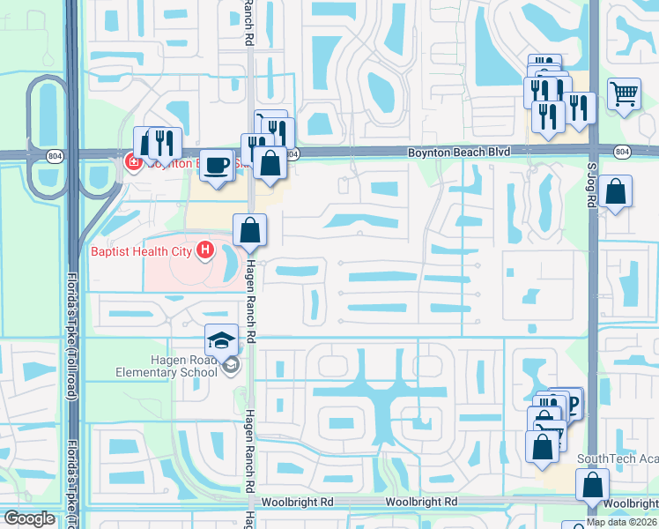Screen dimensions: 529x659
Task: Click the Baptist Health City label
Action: pyautogui.click(x=141, y=251)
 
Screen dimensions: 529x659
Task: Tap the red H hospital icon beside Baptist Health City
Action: pyautogui.click(x=205, y=251)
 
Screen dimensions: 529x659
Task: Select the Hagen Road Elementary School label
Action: pyautogui.click(x=166, y=365)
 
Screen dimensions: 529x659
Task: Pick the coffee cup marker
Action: pyautogui.click(x=216, y=166)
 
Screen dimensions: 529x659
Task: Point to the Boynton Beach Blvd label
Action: pyautogui.click(x=458, y=153)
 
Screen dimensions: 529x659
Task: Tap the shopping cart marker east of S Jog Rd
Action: pyautogui.click(x=624, y=93)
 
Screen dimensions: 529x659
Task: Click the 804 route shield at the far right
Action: pyautogui.click(x=622, y=153)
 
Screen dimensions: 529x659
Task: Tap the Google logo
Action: pyautogui.click(x=29, y=518)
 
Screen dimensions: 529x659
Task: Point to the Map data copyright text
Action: pyautogui.click(x=622, y=522)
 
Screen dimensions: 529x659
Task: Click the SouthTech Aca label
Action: pyautogui.click(x=617, y=458)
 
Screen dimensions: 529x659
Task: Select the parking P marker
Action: pyautogui.click(x=571, y=404)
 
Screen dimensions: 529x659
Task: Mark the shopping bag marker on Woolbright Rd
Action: pyautogui.click(x=593, y=486)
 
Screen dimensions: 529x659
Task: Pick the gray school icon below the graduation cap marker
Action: pyautogui.click(x=231, y=365)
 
